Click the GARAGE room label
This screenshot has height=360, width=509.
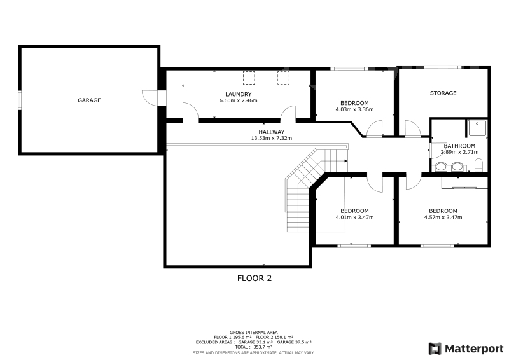tap(89, 100)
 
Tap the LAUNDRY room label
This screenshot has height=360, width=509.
tap(238, 94)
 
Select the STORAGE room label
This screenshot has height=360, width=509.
tap(443, 93)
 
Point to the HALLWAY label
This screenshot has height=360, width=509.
tap(272, 132)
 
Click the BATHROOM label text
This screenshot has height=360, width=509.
tap(459, 146)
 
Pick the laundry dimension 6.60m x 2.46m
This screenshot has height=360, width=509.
tap(238, 100)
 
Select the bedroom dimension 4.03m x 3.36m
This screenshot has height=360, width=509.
tap(354, 109)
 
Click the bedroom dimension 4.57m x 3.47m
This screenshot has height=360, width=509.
tap(443, 217)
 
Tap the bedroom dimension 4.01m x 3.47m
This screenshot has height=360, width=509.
tap(354, 217)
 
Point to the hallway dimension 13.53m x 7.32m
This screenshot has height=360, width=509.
tap(272, 138)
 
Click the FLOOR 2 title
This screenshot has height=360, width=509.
tap(254, 278)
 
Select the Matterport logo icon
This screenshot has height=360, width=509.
tap(435, 349)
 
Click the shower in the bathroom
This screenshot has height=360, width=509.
tap(477, 128)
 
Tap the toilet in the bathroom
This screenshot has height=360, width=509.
tap(479, 165)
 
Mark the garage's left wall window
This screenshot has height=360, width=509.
tap(20, 100)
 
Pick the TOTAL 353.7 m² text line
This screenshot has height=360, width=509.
tap(253, 347)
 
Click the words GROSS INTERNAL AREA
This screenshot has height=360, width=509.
tap(253, 333)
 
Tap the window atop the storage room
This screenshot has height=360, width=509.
tap(444, 67)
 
